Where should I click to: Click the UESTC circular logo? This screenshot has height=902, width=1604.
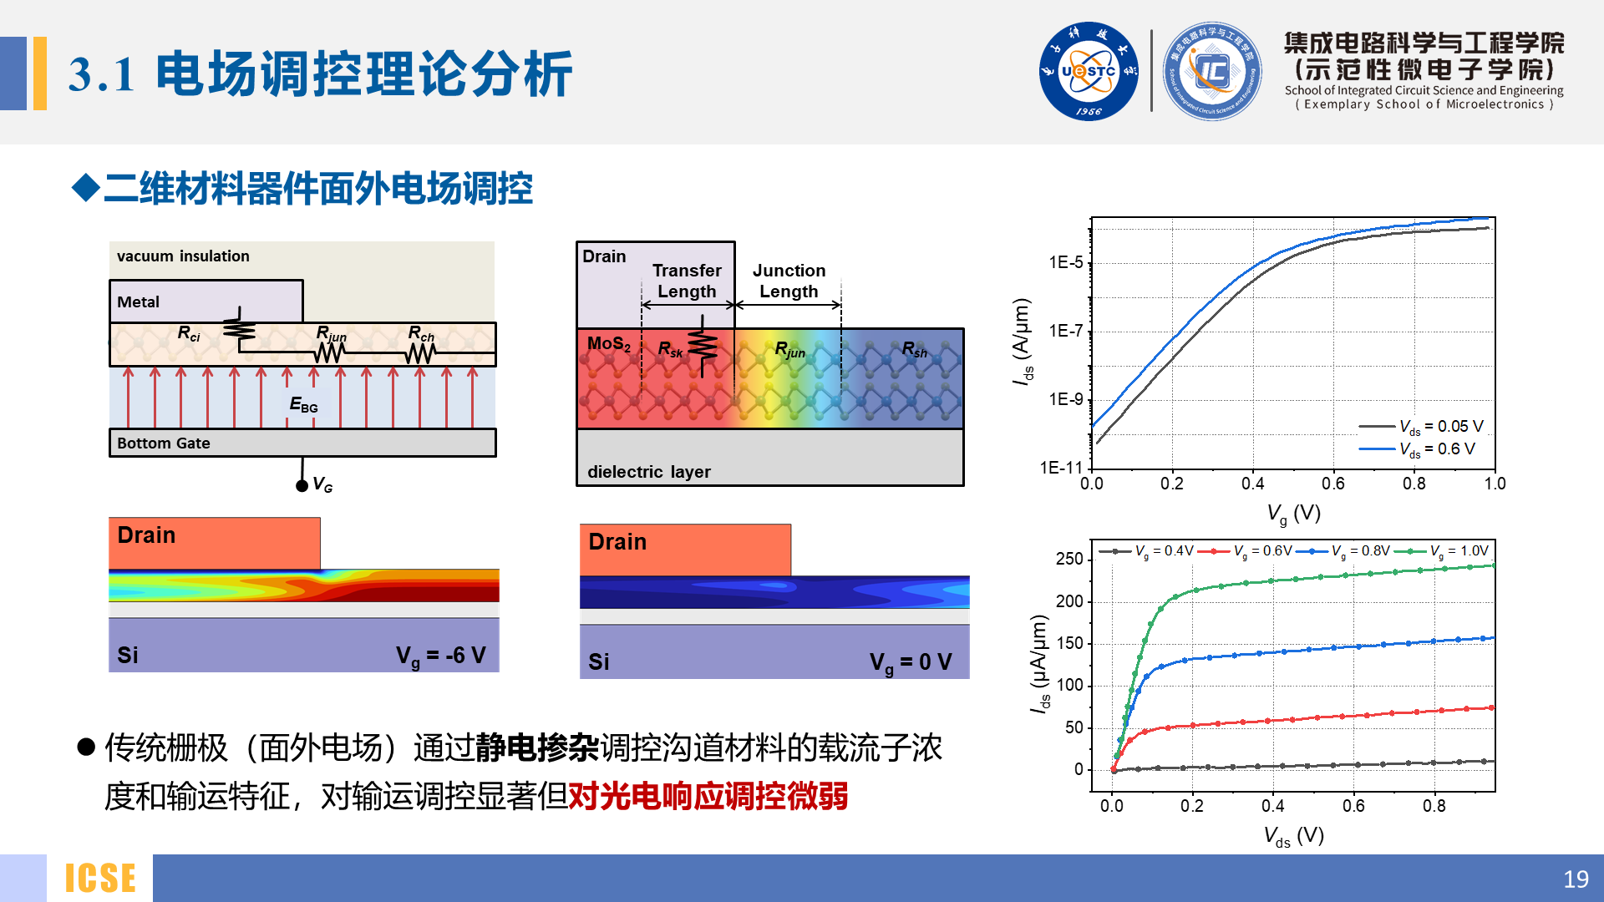(1088, 72)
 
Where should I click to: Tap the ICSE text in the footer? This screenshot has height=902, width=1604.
(100, 879)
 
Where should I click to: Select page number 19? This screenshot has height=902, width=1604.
(1575, 879)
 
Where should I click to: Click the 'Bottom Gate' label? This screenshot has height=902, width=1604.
(164, 443)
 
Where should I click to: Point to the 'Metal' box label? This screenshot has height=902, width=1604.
(138, 302)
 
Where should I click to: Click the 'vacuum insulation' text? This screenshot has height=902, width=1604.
(183, 256)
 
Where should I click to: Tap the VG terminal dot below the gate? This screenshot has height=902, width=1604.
(302, 486)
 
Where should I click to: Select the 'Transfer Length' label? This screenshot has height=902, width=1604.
(687, 281)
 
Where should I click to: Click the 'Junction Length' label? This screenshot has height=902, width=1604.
(789, 281)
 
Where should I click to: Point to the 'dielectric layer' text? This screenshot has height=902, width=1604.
(648, 472)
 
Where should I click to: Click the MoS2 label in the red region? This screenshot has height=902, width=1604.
(608, 344)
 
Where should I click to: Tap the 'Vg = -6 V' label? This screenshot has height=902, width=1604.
(440, 656)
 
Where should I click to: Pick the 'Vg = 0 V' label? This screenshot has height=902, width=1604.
(910, 662)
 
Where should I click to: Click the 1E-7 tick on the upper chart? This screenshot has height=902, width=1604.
(1065, 332)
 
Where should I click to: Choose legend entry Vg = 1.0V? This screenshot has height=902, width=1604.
(1459, 551)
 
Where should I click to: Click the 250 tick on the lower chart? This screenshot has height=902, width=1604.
(1068, 559)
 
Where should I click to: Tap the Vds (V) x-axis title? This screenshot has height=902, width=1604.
(1293, 836)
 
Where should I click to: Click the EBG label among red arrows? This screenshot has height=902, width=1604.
(303, 405)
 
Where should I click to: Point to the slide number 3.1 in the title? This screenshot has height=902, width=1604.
(101, 75)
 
